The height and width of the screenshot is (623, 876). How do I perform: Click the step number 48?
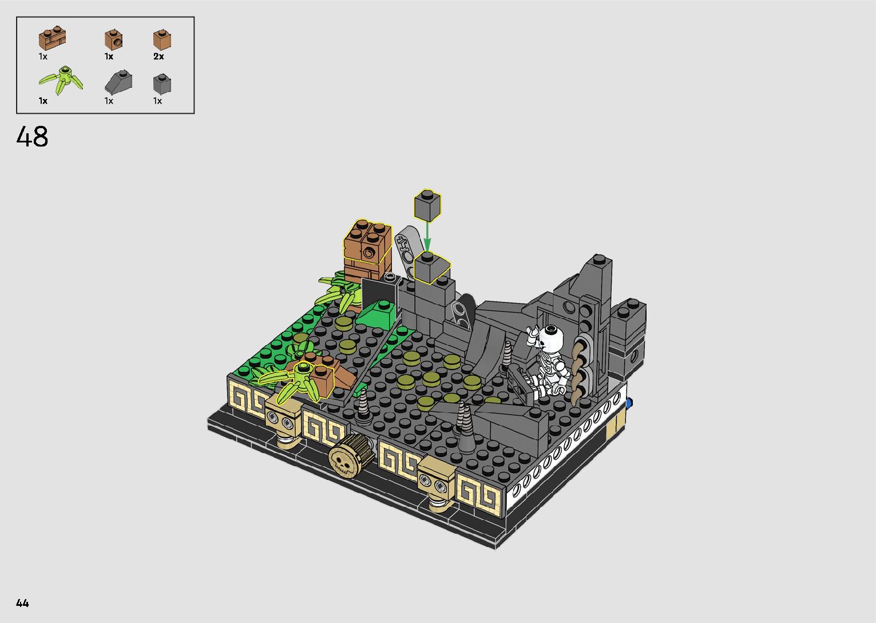(33, 137)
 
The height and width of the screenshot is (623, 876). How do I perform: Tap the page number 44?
(23, 602)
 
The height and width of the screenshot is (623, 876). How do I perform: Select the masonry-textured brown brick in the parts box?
(52, 38)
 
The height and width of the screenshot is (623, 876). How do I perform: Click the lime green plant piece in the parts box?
(61, 80)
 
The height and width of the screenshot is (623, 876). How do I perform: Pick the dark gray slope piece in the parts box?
(118, 82)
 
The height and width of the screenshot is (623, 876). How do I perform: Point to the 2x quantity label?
(158, 56)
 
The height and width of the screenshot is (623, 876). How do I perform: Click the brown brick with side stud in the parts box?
(114, 39)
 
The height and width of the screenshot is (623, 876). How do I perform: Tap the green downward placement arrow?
(427, 236)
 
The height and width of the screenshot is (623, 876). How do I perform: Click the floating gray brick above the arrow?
(427, 205)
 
